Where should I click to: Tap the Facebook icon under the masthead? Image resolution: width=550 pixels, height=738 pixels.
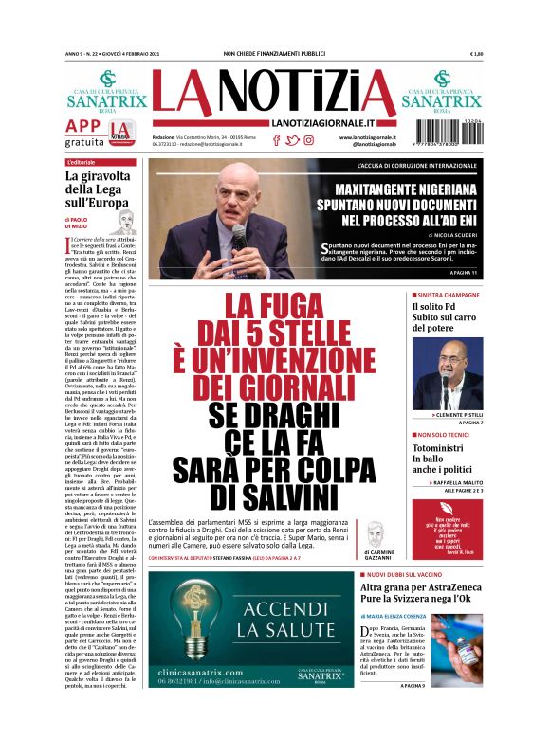coord(276,140)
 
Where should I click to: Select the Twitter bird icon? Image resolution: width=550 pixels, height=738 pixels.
coord(292,140)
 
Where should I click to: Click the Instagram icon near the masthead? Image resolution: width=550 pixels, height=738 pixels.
coord(308,140)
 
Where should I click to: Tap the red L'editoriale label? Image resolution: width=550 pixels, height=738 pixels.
coord(82,163)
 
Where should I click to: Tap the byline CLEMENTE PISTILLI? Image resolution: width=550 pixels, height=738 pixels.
coord(459,415)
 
